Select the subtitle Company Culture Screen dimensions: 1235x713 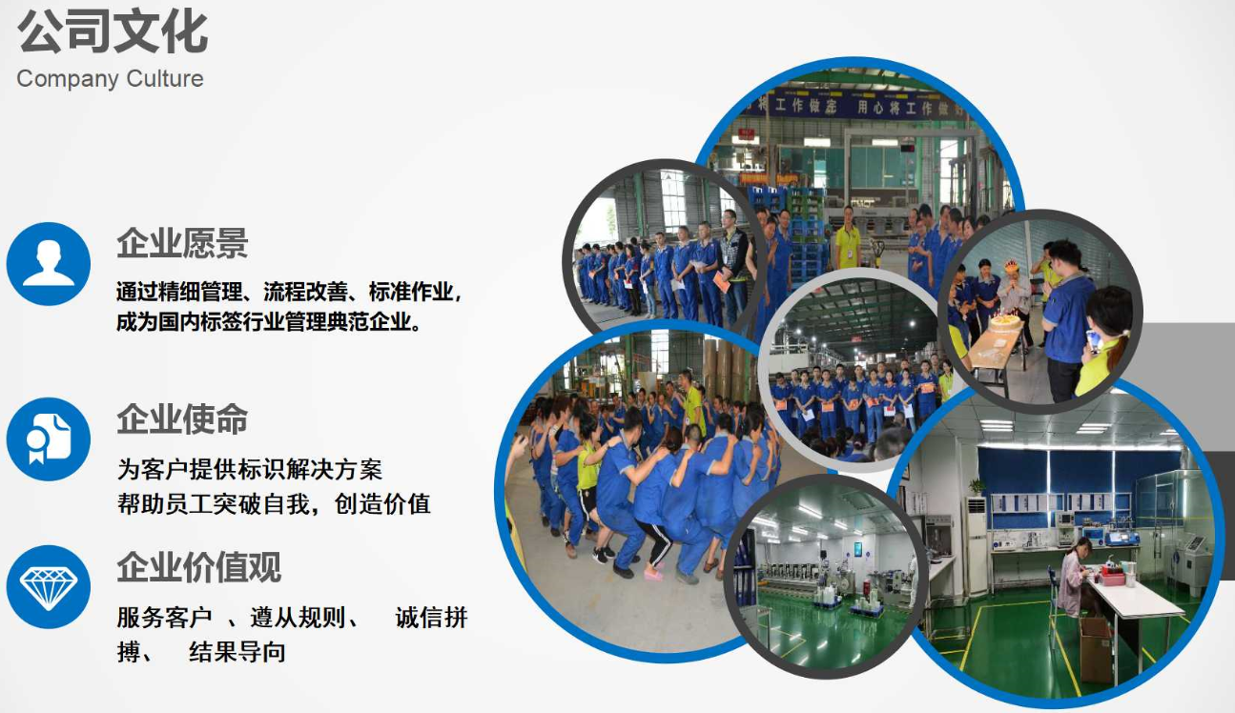click(111, 79)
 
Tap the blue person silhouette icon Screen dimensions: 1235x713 click(49, 264)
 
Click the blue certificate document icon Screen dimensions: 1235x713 click(49, 439)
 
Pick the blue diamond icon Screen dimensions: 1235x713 click(49, 587)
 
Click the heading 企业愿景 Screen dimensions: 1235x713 click(182, 243)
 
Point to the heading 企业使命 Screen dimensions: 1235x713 click(182, 419)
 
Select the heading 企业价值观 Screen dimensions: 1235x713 click(199, 567)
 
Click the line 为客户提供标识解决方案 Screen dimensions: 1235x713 click(249, 470)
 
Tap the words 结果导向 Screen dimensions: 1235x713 click(237, 652)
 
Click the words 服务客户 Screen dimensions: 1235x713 click(164, 617)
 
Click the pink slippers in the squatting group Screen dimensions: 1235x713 click(654, 575)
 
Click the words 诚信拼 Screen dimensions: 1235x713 click(432, 617)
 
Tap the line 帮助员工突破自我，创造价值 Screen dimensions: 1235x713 click(274, 503)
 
